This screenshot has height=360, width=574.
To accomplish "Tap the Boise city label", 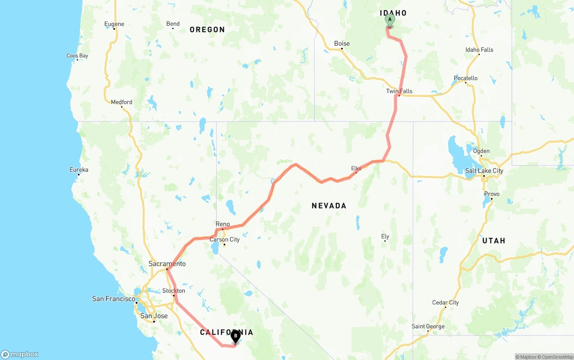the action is click(342, 43).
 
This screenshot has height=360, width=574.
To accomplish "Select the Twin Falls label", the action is click(399, 91).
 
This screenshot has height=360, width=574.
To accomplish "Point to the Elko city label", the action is click(356, 169).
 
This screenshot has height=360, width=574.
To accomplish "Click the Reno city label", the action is click(222, 224).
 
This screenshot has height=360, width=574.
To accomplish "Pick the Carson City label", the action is click(225, 239).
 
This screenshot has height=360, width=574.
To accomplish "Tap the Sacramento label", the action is click(167, 264).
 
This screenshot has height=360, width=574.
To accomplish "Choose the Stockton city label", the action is click(174, 291).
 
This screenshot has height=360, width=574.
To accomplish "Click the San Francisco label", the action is click(113, 299).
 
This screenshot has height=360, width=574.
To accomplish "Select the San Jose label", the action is click(154, 316).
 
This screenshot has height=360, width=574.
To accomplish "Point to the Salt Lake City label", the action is click(484, 170).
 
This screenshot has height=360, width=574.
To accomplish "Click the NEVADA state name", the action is click(329, 206).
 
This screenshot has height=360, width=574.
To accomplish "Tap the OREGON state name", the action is click(207, 30).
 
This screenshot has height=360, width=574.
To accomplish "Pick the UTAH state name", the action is click(493, 241).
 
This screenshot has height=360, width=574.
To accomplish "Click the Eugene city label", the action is click(114, 24).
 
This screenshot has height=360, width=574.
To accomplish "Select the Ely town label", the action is click(385, 236).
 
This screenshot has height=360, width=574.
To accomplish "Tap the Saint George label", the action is click(428, 326).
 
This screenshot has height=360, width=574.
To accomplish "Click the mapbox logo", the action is click(20, 355).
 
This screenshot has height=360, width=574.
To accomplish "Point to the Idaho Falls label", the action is click(479, 50).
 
